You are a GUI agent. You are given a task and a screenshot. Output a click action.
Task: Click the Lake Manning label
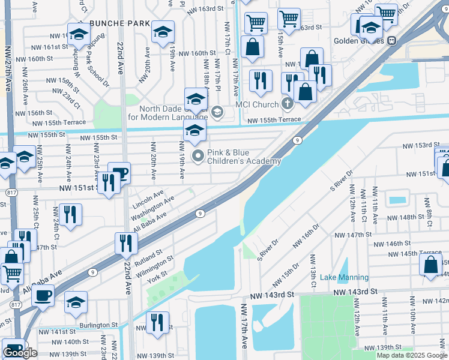pyautogui.click(x=345, y=277)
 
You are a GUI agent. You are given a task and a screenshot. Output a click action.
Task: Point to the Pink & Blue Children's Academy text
pyautogui.click(x=244, y=157)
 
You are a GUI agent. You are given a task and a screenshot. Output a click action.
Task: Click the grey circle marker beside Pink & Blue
pyautogui.click(x=197, y=157)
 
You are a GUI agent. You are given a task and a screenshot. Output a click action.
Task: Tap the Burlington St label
pyautogui.click(x=98, y=325)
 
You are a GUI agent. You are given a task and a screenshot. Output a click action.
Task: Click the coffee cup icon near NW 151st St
pyautogui.click(x=119, y=173)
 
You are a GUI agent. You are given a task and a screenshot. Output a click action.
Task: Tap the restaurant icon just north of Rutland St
pyautogui.click(x=126, y=242)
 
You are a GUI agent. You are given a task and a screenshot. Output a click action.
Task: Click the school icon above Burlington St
pyautogui.click(x=76, y=302)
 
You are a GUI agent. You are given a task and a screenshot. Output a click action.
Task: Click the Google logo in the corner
pyautogui.click(x=20, y=353)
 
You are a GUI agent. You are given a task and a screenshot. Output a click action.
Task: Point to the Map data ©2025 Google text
pyautogui.click(x=412, y=355)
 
